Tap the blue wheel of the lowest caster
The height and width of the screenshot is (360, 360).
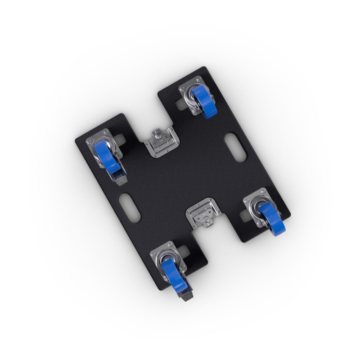[x=171, y=274]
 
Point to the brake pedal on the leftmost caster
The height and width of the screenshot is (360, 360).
[x=121, y=179]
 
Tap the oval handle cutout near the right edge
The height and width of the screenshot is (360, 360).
[x=235, y=147]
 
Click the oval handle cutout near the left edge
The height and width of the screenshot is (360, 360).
[x=130, y=207]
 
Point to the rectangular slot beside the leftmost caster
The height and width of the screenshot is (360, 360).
[x=120, y=136]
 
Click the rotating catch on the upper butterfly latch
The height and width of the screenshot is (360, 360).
[x=157, y=135]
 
